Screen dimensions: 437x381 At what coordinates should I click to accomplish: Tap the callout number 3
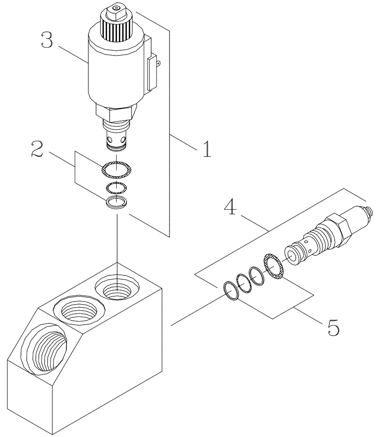click(x=47, y=40)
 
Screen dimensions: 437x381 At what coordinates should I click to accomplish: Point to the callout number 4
click(x=231, y=207)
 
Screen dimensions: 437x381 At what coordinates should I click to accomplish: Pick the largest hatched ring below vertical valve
click(x=116, y=170)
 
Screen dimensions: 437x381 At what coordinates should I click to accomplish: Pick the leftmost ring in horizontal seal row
click(x=231, y=291)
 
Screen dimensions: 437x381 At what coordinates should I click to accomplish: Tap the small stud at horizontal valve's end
click(x=370, y=211)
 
